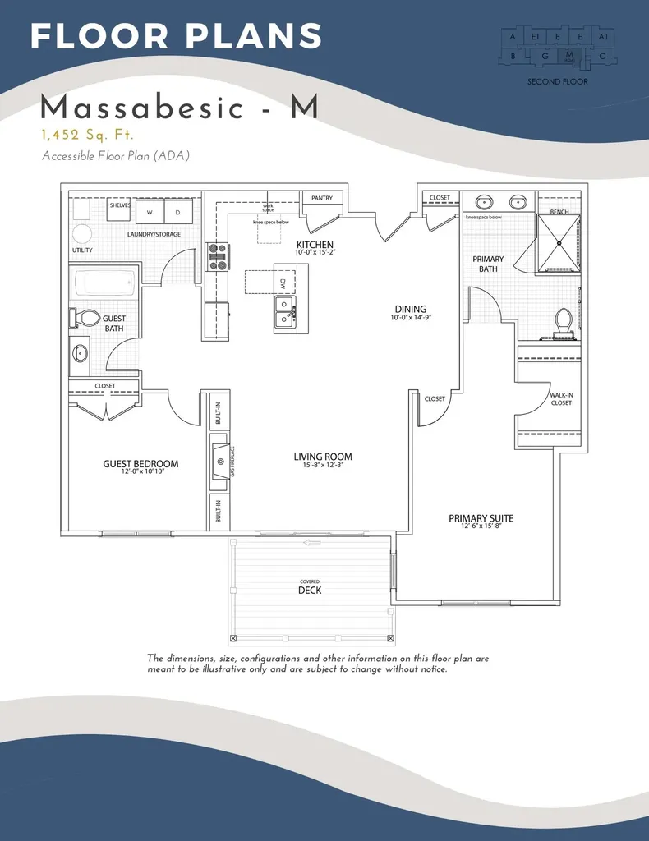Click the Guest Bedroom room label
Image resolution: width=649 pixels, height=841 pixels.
140,464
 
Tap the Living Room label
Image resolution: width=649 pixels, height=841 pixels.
323,457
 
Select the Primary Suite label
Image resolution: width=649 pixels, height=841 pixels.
481,518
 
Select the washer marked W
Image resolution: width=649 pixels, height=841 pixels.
150,212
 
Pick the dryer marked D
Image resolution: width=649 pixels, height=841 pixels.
177,212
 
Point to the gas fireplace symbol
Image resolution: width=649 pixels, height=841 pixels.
220,462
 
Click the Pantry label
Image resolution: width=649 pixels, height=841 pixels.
322,198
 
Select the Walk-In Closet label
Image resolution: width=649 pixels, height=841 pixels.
561,399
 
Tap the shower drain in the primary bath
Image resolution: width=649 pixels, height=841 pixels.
559,242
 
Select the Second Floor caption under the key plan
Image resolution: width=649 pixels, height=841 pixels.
557,82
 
